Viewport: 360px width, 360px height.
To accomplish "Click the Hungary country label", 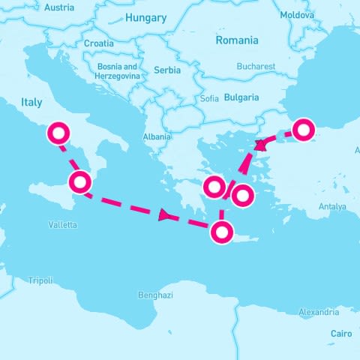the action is [146, 18].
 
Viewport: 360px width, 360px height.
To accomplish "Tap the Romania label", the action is [236, 40].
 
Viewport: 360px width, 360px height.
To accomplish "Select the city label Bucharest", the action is [256, 66].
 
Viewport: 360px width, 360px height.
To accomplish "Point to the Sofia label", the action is [210, 98].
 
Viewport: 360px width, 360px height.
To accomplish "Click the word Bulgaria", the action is [241, 97].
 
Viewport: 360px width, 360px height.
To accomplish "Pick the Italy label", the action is [32, 103].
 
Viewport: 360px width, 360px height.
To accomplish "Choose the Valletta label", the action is [62, 224].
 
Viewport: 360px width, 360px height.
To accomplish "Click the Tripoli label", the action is [40, 280].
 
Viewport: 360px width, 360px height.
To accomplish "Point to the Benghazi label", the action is [155, 295].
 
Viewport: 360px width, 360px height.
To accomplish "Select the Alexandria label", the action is [318, 312].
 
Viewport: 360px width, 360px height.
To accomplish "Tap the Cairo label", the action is [341, 333].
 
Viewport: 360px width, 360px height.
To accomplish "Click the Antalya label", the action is [332, 206].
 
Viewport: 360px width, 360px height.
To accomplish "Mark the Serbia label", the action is [166, 70].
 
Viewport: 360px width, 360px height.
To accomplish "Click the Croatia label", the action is [99, 43].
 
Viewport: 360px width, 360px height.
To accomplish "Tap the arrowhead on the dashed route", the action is [164, 215].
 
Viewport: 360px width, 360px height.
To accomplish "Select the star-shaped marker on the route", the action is [261, 145].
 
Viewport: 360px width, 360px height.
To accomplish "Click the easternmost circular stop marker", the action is [302, 130].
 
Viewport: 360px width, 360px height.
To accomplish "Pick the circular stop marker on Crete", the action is [221, 232].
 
